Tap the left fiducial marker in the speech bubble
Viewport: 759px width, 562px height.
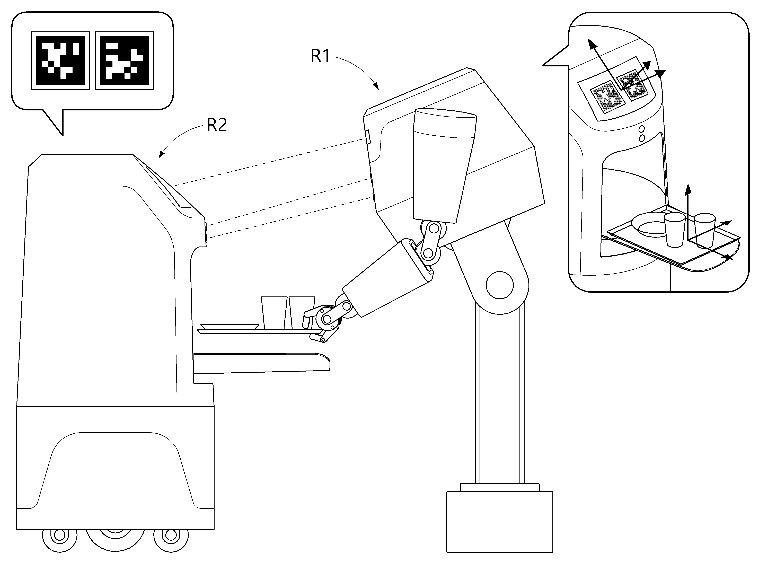tap(60, 61)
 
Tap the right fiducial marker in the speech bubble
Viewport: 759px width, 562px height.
tap(125, 61)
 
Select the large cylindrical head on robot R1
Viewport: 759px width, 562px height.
tap(442, 163)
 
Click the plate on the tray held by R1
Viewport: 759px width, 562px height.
tap(230, 327)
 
